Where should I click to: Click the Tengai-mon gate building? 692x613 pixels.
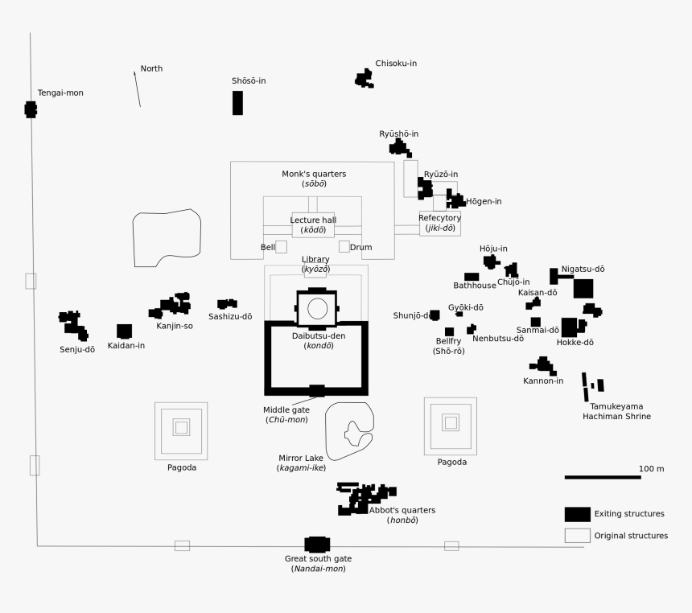pyautogui.click(x=31, y=109)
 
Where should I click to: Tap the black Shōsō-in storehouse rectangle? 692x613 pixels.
pyautogui.click(x=237, y=103)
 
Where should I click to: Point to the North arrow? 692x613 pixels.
pyautogui.click(x=137, y=88)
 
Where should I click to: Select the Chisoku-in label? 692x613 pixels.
pyautogui.click(x=396, y=64)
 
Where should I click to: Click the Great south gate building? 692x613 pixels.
pyautogui.click(x=317, y=545)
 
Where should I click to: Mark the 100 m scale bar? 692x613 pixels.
pyautogui.click(x=602, y=478)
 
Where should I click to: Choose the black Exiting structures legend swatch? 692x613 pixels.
pyautogui.click(x=577, y=514)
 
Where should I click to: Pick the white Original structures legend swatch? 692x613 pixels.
pyautogui.click(x=577, y=536)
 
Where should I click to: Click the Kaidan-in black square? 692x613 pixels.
pyautogui.click(x=124, y=331)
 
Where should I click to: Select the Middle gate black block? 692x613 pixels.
pyautogui.click(x=317, y=391)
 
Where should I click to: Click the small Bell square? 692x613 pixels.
pyautogui.click(x=281, y=247)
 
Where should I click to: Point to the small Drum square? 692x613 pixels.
pyautogui.click(x=344, y=247)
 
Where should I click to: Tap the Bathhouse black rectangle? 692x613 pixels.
pyautogui.click(x=472, y=277)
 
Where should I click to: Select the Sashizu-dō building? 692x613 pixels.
pyautogui.click(x=227, y=304)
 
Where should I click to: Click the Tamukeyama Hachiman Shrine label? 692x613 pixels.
pyautogui.click(x=616, y=411)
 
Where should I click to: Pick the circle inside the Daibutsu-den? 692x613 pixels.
pyautogui.click(x=317, y=308)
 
